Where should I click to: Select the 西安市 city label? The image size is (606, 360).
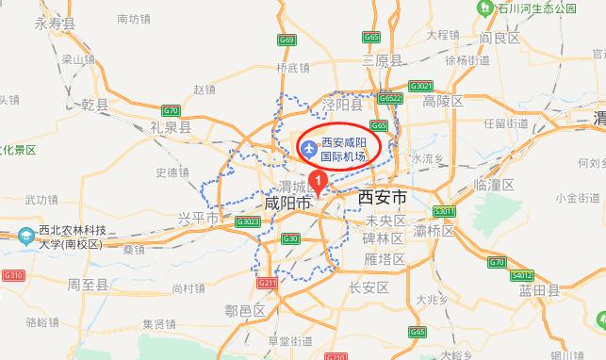tap(383, 198)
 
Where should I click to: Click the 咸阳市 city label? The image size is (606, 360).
tap(287, 203)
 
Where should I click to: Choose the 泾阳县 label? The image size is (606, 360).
tap(341, 104)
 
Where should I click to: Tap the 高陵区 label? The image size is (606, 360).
tap(443, 101)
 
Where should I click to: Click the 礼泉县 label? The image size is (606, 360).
tap(171, 125)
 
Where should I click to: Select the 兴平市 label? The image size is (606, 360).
tap(198, 219)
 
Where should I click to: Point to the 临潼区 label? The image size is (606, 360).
tap(494, 185)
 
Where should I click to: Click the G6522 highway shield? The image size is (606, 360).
tap(389, 98)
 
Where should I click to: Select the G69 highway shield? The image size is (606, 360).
tap(287, 40)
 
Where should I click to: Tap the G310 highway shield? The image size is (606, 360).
tap(12, 275)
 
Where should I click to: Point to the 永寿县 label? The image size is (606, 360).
tap(55, 25)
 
